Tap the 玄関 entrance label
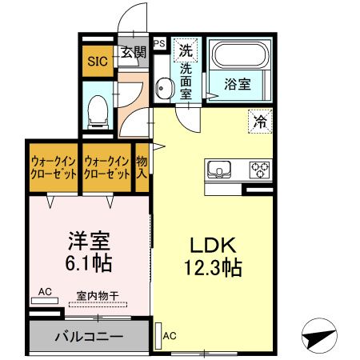pos(134,54)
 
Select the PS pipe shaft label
pos(159,43)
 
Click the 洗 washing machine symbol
pos(185,50)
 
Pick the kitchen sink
pos(219,170)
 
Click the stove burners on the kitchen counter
pos(261,170)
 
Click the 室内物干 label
pos(98,296)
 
